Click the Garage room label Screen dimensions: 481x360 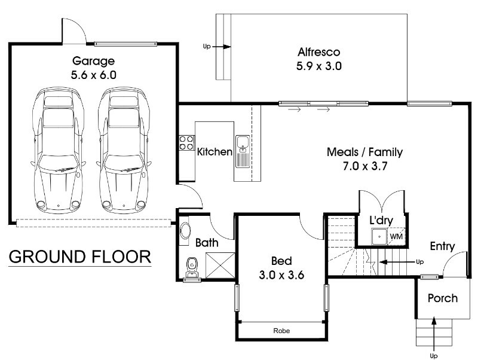pyautogui.click(x=93, y=61)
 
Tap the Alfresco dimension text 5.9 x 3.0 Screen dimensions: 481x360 pyautogui.click(x=319, y=66)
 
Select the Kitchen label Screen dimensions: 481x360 pyautogui.click(x=215, y=152)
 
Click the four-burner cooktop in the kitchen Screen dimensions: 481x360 pyautogui.click(x=187, y=143)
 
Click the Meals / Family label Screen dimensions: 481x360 pyautogui.click(x=364, y=152)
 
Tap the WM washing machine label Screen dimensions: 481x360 pyautogui.click(x=396, y=237)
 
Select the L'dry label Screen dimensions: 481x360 pyautogui.click(x=381, y=220)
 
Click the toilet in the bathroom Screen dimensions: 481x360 pyautogui.click(x=192, y=267)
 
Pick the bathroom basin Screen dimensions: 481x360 pyautogui.click(x=185, y=230)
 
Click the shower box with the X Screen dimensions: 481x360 pyautogui.click(x=220, y=265)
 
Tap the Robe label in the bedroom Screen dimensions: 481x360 pyautogui.click(x=281, y=331)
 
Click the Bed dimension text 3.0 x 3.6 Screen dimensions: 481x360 pyautogui.click(x=281, y=274)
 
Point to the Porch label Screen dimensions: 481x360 pyautogui.click(x=443, y=298)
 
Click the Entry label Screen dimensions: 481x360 pyautogui.click(x=442, y=246)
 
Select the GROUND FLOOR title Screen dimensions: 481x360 pyautogui.click(x=79, y=257)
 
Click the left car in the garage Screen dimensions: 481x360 pyautogui.click(x=59, y=150)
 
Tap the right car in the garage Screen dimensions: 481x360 pyautogui.click(x=124, y=150)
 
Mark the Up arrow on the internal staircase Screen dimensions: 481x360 pyautogui.click(x=397, y=262)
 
